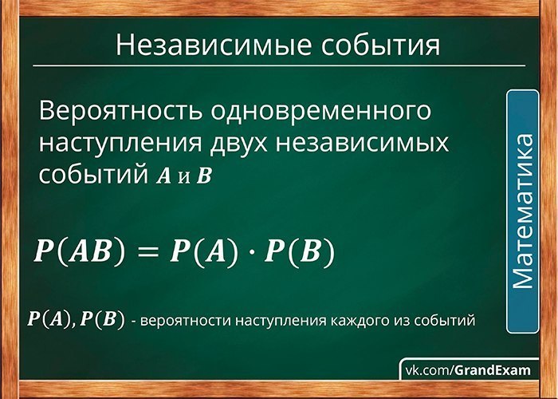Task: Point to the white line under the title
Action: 279,66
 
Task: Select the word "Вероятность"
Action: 120,111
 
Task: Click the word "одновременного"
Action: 320,111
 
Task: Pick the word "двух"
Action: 238,144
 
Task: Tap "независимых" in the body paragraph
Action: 362,144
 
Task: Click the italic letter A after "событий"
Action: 163,176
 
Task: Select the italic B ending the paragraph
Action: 205,176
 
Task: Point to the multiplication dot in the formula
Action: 251,251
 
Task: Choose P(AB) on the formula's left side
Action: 80,251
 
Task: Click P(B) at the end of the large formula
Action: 299,251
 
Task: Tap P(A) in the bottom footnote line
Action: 49,319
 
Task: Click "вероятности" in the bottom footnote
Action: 187,321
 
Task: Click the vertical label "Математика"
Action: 523,211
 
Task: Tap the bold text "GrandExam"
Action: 492,370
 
